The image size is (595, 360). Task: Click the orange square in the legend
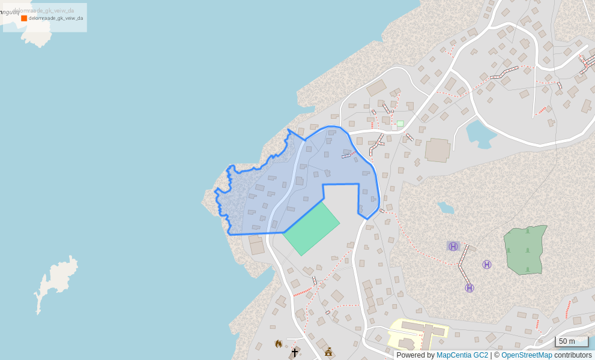pos(24,18)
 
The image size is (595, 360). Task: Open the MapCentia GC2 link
pos(462,355)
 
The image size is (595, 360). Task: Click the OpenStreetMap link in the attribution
pos(527,355)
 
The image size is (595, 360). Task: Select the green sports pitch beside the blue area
pos(312,229)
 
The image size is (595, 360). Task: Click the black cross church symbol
pos(295,352)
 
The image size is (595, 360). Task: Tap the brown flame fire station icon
pos(278,344)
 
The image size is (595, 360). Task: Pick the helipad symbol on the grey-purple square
pos(453,246)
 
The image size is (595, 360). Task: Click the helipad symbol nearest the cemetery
pos(487,265)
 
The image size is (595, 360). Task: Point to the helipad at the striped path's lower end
pos(470,288)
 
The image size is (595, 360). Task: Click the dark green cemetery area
pos(525,250)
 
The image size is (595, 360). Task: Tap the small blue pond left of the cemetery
pos(445,208)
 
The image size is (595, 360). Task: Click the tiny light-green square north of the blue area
pos(400,124)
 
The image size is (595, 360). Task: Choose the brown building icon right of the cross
pos(328,352)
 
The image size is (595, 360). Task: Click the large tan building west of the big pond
pos(438,150)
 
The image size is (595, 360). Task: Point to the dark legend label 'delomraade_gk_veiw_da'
pos(56,18)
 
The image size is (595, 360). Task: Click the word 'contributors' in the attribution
pos(573,355)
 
